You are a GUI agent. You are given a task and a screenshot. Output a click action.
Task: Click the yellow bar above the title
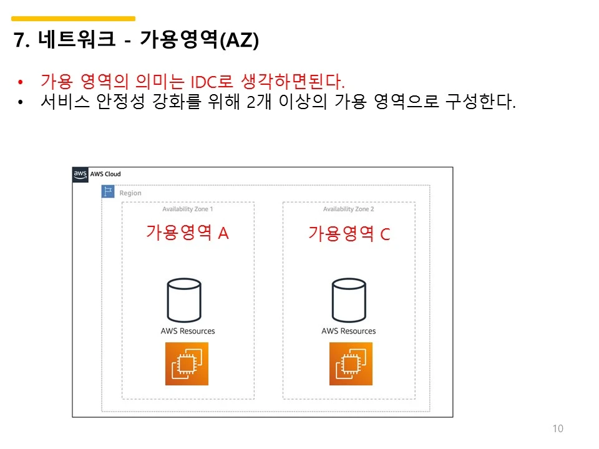74,18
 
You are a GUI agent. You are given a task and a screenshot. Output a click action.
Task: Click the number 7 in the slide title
19,40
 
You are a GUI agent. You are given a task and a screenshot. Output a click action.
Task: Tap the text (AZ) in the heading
240,40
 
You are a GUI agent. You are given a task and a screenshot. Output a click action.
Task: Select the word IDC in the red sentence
204,82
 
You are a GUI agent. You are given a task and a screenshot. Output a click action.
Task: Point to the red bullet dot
20,82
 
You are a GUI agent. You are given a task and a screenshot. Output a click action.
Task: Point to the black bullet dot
20,102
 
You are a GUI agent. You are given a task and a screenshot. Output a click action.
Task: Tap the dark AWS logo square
80,175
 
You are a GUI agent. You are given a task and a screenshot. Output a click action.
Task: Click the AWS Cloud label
105,174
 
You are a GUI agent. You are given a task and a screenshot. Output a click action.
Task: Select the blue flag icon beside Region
108,191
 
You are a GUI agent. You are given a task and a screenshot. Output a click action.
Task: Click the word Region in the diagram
130,193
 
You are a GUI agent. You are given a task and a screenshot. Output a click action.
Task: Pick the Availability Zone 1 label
188,210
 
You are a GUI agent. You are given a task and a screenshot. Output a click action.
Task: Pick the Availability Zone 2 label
348,210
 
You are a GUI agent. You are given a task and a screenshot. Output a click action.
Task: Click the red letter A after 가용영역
223,233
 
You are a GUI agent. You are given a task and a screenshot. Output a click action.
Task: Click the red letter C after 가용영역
385,234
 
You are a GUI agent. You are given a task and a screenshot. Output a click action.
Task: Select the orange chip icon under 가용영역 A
187,364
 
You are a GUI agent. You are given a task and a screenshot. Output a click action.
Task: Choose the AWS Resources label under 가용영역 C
349,331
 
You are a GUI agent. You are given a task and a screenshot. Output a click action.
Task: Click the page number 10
558,428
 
